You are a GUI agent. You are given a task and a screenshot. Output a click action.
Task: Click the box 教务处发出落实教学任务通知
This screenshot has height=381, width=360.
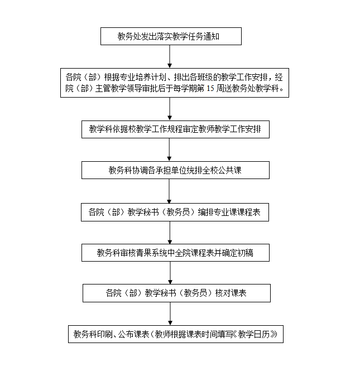point(171,36)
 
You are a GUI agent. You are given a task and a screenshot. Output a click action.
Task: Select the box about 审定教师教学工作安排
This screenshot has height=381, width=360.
point(175,129)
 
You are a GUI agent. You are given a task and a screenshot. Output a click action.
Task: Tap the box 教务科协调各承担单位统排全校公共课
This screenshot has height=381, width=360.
point(175,170)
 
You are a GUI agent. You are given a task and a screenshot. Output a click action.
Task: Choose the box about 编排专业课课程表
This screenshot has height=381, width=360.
point(175,212)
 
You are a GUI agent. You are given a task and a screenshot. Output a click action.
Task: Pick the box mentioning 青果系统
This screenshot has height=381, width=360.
point(175,253)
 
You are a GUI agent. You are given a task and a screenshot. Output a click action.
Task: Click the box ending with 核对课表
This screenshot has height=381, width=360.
point(176,293)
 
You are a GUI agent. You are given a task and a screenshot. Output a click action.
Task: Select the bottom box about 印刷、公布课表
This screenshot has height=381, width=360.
point(176,334)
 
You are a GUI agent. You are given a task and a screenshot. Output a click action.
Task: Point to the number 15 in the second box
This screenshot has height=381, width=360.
point(210,88)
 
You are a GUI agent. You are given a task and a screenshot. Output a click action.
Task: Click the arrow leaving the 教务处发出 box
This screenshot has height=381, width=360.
point(170,56)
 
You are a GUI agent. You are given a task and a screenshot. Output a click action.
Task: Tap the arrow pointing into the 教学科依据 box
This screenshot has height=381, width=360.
point(170,109)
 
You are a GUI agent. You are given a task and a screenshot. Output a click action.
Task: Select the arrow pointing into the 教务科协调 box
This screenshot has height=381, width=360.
point(170,149)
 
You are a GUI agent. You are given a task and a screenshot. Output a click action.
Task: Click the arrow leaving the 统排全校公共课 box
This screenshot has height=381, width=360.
point(169,191)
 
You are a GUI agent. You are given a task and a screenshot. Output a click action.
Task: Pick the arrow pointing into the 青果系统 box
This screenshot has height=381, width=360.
point(170,233)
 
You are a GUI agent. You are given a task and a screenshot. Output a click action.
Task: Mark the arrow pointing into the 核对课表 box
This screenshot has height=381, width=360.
point(170,273)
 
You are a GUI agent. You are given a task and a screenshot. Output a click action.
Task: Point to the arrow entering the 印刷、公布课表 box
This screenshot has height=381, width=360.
point(170,314)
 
